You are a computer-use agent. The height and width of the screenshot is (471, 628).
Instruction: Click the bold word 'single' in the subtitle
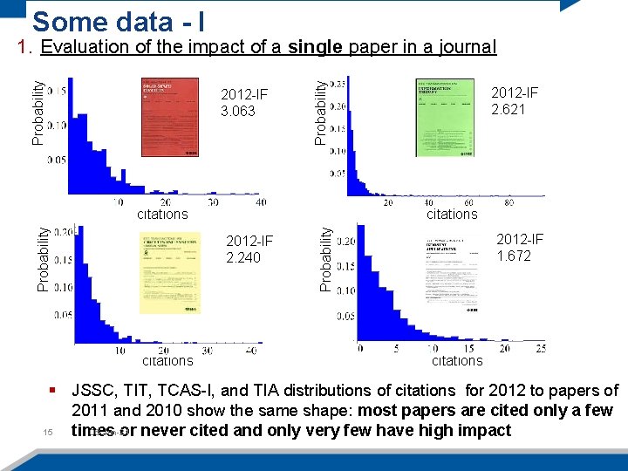[315, 47]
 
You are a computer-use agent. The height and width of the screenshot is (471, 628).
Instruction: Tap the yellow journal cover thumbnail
[169, 272]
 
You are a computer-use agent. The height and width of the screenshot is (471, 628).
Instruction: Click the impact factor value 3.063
[238, 111]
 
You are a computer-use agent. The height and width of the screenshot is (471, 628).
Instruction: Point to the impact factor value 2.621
[509, 109]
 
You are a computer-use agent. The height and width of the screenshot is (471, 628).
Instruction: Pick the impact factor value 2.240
[243, 257]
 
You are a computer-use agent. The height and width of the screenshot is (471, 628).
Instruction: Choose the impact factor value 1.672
[514, 256]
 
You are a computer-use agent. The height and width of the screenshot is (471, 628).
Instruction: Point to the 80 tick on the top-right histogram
[509, 202]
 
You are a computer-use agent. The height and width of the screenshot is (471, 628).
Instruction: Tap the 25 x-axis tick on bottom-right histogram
[540, 348]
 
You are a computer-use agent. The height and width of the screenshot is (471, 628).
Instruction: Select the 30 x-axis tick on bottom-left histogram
[207, 350]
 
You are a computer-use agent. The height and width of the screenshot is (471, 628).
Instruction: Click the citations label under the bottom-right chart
[456, 361]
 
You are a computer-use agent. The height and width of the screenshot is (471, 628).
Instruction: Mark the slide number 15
[48, 432]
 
